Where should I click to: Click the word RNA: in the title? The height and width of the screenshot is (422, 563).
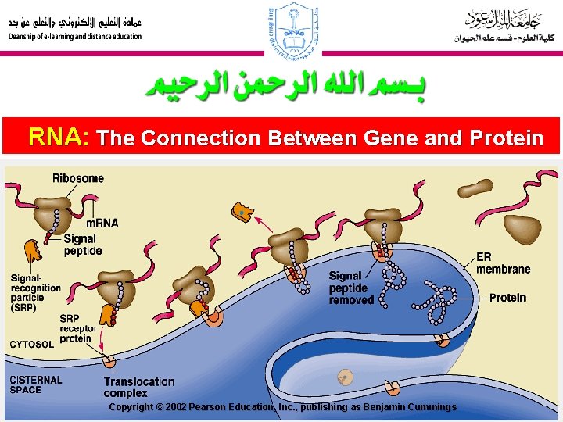pos(59,138)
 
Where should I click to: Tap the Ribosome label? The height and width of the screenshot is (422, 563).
pos(77,178)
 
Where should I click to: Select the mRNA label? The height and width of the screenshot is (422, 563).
pos(102,223)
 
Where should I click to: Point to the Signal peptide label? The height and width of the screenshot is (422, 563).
pos(82,245)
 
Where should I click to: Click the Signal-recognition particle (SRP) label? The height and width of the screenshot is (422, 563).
pos(35,292)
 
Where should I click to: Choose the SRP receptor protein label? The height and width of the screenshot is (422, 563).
pos(80,328)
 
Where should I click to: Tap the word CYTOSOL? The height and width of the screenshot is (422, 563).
pos(31,344)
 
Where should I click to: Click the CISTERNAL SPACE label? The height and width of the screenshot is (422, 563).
pos(35,384)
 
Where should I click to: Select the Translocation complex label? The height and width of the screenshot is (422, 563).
pos(138,387)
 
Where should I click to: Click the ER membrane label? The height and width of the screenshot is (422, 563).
pos(503,263)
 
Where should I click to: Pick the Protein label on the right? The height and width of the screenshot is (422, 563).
pos(507,298)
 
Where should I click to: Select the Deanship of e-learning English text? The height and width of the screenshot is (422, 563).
pos(75,37)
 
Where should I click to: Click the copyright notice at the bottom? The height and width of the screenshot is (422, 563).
pos(282,407)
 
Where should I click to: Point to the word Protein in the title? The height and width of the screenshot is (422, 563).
pos(507,138)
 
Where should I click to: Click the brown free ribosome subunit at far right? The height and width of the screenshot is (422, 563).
pos(522,227)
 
